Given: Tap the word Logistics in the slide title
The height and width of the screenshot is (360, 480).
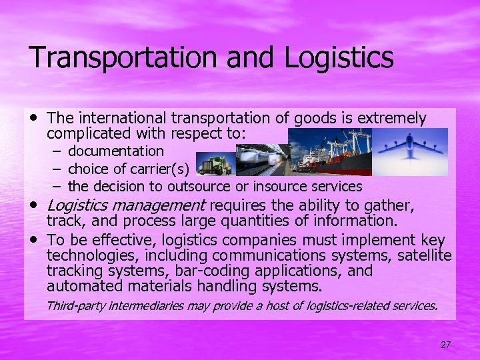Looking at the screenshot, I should pyautogui.click(x=339, y=57).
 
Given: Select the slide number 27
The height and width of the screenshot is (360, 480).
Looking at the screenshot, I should pyautogui.click(x=446, y=345).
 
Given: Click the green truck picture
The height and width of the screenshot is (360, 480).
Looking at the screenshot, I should pyautogui.click(x=215, y=163).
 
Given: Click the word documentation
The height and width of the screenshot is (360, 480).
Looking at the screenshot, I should pyautogui.click(x=115, y=151).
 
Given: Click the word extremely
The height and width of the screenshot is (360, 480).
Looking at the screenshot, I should pyautogui.click(x=392, y=119).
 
